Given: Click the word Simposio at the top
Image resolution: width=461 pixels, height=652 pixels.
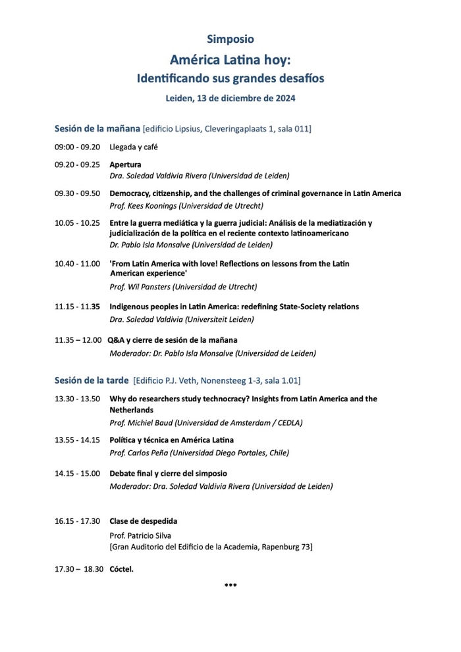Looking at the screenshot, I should (x=230, y=39).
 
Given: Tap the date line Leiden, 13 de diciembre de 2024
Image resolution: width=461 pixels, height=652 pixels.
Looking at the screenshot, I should (x=230, y=99).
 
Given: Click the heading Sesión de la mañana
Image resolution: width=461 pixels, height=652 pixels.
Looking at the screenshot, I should (x=97, y=128).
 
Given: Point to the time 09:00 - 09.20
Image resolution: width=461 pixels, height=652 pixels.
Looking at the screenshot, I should (x=77, y=147).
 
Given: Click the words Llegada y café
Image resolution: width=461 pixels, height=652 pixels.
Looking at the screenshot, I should (x=134, y=147).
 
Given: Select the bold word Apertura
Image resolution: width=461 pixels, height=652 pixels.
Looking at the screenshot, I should (x=125, y=164).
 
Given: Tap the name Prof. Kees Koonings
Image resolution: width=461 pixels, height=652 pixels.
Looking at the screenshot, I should (x=142, y=206).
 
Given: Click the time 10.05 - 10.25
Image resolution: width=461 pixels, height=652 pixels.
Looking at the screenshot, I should (x=77, y=223).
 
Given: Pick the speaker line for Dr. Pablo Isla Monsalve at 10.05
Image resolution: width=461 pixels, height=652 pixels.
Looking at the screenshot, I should (x=191, y=245).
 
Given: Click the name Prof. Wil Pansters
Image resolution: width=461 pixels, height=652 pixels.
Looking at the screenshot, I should (x=140, y=286).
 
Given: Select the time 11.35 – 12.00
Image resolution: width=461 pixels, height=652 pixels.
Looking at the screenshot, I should (x=78, y=340).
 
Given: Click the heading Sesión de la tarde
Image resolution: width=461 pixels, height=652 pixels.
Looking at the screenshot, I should (x=92, y=380).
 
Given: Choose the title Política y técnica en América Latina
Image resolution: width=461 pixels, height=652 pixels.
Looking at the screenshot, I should (x=171, y=439).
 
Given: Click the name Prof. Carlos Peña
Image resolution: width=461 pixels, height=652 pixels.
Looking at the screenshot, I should (x=139, y=453).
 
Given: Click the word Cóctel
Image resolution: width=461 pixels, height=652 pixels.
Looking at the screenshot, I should (x=121, y=569).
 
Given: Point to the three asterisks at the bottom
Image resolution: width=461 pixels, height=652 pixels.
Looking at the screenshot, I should (x=230, y=585).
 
